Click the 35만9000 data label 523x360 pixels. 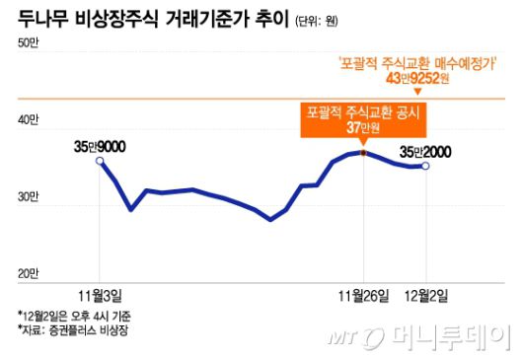point(99,146)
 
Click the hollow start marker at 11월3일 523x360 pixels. point(100,160)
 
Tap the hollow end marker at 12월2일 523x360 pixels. point(425,166)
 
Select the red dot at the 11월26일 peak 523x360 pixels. point(363,153)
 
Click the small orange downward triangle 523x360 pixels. point(426,91)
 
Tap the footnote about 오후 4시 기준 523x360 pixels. point(74,316)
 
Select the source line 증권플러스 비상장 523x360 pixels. point(74,329)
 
